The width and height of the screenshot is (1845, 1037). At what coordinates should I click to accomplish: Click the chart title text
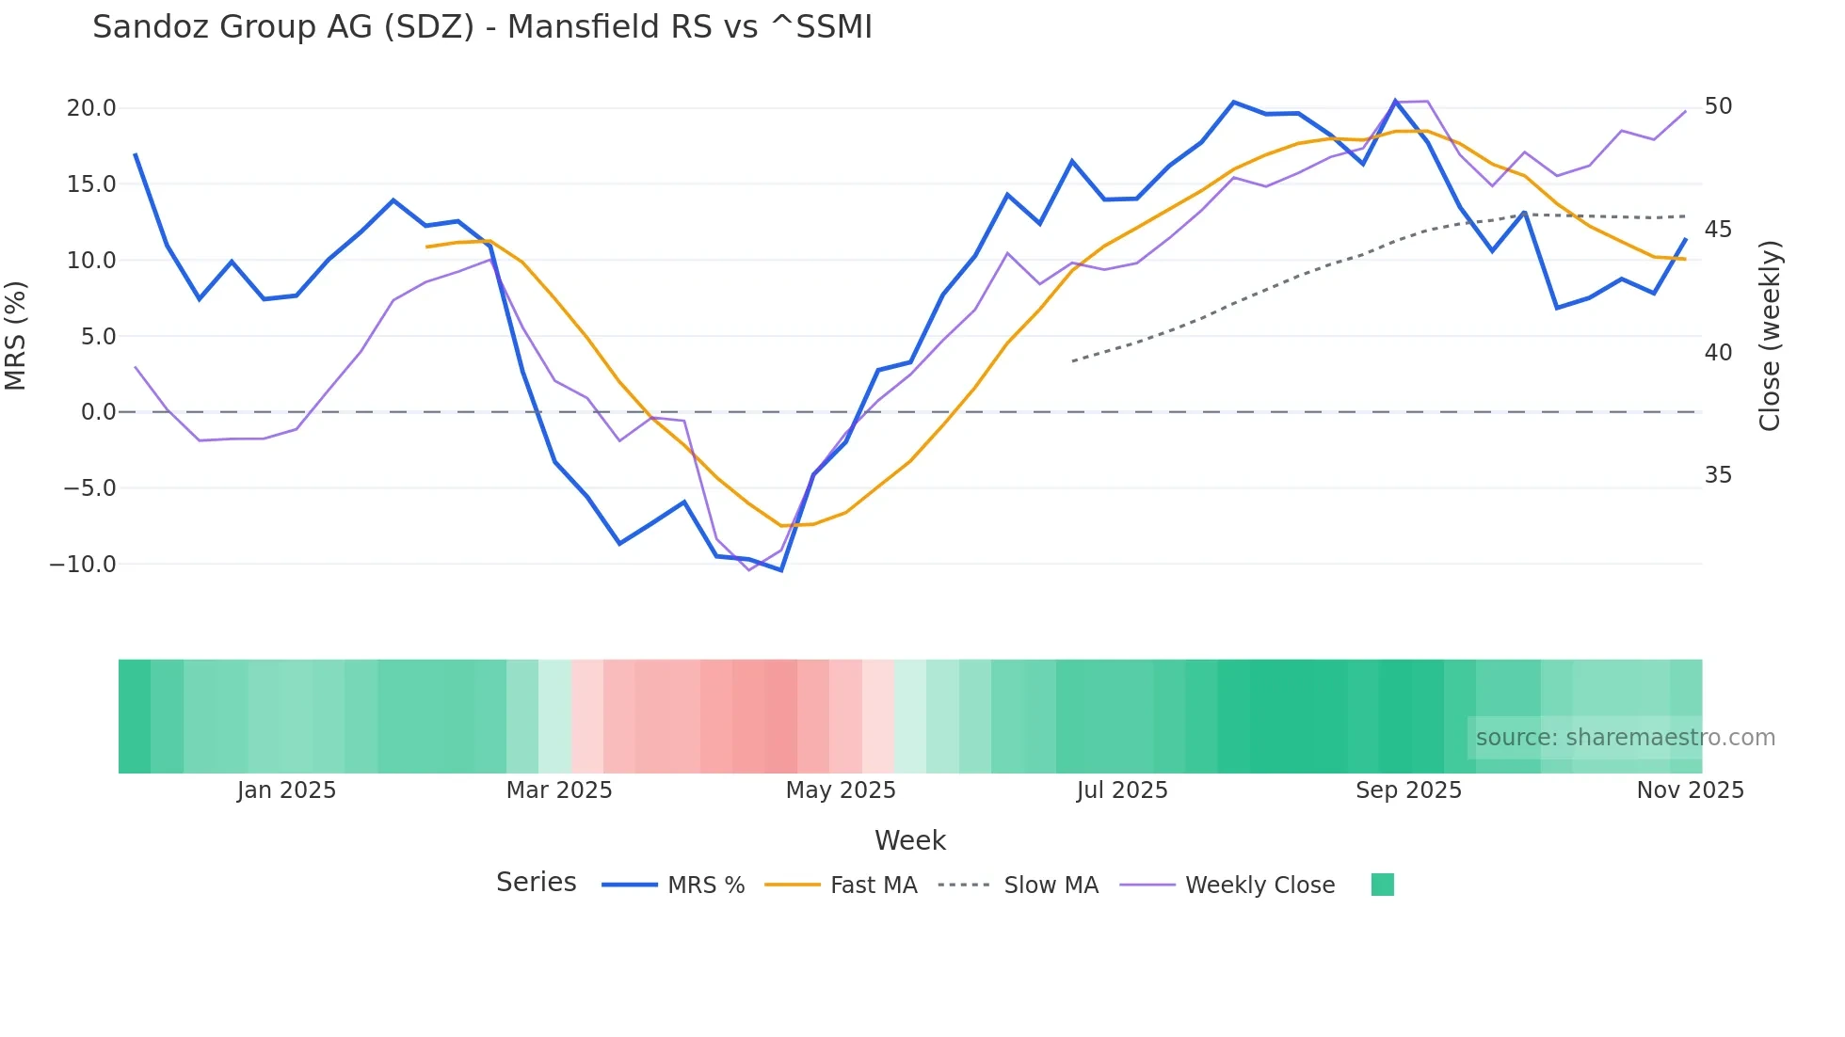(x=482, y=27)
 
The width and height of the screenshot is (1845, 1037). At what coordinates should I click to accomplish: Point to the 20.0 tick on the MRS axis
(x=91, y=108)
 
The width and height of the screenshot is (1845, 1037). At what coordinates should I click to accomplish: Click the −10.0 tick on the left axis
(x=83, y=565)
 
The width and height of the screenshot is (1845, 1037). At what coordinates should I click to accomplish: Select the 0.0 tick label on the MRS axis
(x=98, y=412)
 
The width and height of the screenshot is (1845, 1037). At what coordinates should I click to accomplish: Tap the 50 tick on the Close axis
(x=1718, y=106)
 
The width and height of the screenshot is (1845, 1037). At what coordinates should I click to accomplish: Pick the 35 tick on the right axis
(x=1718, y=475)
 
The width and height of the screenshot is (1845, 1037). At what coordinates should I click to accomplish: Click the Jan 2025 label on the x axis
(x=286, y=790)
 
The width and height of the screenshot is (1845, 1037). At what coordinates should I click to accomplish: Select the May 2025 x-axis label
(x=841, y=790)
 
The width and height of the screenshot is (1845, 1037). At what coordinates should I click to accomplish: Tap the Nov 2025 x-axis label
(x=1690, y=790)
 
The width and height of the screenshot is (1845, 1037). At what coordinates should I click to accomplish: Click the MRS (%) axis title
(x=16, y=336)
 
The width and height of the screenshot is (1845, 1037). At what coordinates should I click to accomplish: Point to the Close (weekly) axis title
(x=1770, y=336)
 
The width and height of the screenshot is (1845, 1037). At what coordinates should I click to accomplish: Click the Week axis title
(x=910, y=840)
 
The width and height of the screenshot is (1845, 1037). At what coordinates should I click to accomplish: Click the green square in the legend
(x=1382, y=885)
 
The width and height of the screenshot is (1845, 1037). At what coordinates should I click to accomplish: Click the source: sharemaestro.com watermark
(x=1625, y=738)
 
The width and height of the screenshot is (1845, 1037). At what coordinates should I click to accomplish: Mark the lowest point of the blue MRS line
(x=781, y=570)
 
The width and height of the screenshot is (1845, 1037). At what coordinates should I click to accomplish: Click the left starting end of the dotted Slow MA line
(x=1072, y=361)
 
